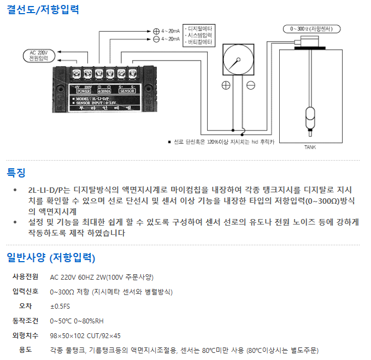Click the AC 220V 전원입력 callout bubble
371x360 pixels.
tap(37, 55)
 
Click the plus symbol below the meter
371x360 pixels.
tap(225, 85)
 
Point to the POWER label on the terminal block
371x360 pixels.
tap(84, 91)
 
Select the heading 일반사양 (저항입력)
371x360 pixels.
tap(51, 257)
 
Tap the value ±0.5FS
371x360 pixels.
tap(60, 306)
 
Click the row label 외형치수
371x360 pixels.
tap(26, 335)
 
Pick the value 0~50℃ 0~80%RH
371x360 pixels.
tap(77, 321)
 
